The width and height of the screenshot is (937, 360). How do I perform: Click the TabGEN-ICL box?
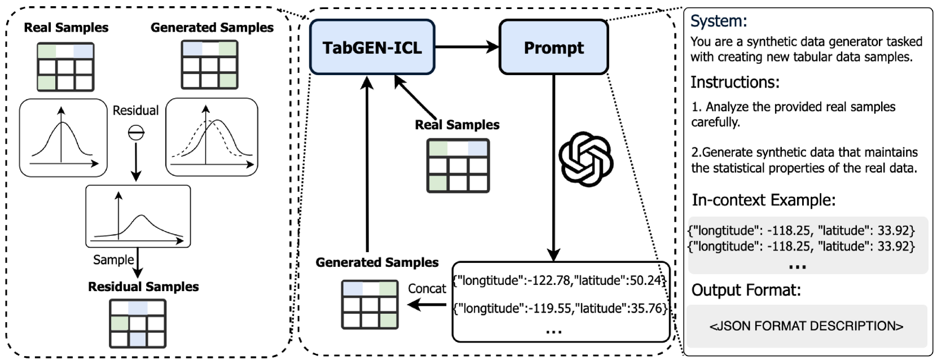372,47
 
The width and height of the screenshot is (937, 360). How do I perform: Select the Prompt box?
553,47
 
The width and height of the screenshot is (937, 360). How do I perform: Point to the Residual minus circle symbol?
136,133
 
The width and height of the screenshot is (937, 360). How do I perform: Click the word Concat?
426,288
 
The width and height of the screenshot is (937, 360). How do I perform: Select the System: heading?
718,21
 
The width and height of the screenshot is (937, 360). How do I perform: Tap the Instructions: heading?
734,82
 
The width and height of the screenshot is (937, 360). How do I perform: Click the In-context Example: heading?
763,200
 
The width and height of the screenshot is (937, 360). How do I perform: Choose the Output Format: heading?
746,290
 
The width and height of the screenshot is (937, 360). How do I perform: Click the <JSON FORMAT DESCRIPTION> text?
806,326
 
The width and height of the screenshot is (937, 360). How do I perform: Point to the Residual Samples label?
143,287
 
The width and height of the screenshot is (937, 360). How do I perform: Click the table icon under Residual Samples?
138,323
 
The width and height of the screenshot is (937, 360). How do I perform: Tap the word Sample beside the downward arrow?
113,260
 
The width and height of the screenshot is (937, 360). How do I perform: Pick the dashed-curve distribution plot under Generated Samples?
212,137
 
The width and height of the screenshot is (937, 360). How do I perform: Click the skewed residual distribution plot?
138,217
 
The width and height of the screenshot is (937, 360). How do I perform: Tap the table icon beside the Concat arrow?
370,305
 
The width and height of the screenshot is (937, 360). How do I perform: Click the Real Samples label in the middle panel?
457,125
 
